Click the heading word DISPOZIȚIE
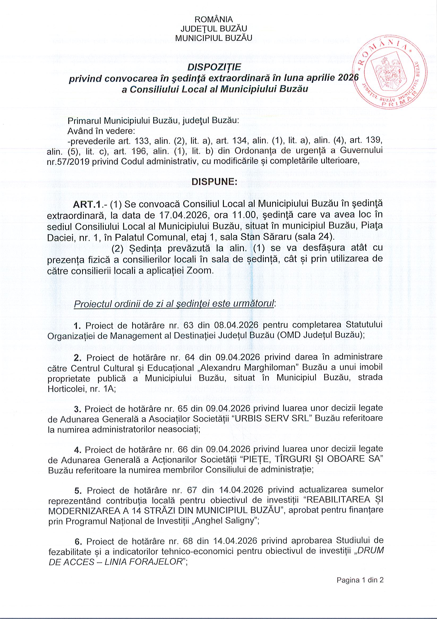[214, 67]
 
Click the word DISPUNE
[214, 182]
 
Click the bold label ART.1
[84, 205]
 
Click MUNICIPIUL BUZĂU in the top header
[213, 38]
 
